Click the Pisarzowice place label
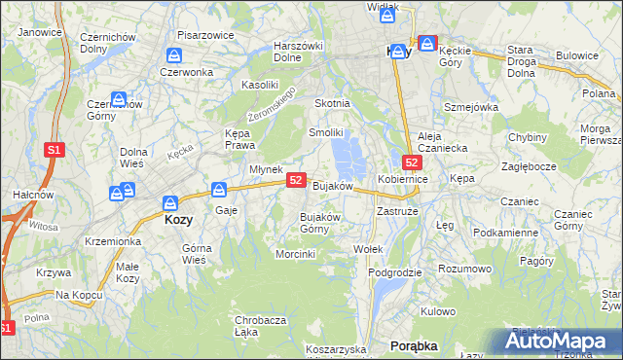tap(207, 35)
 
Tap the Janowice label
tap(40, 32)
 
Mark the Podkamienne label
tap(505, 234)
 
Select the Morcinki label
tap(296, 254)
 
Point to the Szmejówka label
tap(471, 107)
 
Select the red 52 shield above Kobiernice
tap(412, 162)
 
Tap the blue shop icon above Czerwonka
tap(174, 55)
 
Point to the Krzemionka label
tap(114, 240)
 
